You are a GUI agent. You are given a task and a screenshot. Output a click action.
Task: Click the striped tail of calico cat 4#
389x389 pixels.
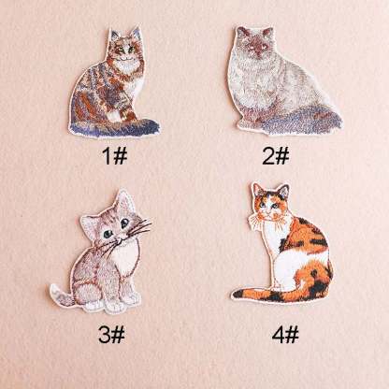[252, 293]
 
